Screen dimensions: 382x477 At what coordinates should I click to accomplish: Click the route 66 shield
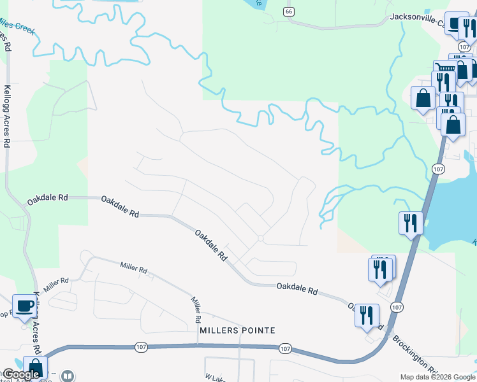290,11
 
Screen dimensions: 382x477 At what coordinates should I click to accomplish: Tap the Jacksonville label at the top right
417,18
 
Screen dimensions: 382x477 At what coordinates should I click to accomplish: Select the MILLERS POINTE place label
237,330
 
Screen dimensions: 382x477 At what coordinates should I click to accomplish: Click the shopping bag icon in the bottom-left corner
35,367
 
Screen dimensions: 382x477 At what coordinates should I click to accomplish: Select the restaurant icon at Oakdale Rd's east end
367,315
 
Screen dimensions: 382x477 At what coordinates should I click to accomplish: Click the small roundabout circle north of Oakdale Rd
260,239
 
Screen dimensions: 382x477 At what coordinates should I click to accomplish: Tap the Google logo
20,374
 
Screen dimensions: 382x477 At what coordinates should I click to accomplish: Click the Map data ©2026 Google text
437,377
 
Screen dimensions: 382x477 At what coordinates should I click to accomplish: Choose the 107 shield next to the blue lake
437,169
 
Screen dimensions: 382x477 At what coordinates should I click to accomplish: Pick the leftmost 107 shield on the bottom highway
142,347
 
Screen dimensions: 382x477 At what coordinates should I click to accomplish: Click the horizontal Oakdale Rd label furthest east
297,288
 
